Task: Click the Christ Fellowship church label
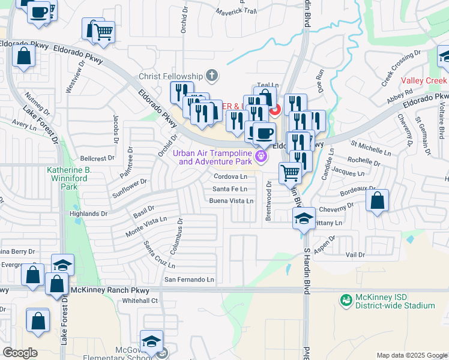(x=172, y=76)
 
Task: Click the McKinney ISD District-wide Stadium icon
(x=346, y=299)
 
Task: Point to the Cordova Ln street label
(x=231, y=177)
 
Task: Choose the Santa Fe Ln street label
(x=229, y=189)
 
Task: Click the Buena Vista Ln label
(x=231, y=201)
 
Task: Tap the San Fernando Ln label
(x=189, y=280)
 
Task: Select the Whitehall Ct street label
(x=139, y=301)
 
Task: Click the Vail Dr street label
(x=355, y=255)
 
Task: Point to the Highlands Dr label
(x=88, y=214)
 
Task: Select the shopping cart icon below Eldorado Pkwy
(x=291, y=173)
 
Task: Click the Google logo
(x=19, y=353)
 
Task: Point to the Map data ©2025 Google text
(x=411, y=355)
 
